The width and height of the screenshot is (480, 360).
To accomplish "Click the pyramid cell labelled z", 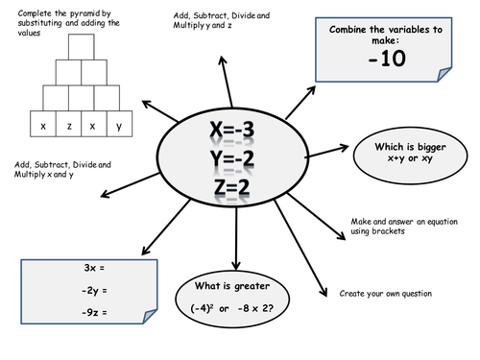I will click(x=69, y=126).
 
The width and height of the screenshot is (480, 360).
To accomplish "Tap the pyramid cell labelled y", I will click(x=118, y=126).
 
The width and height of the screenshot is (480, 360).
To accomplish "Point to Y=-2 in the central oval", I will click(x=234, y=161).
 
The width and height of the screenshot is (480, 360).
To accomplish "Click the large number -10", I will click(x=385, y=60).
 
